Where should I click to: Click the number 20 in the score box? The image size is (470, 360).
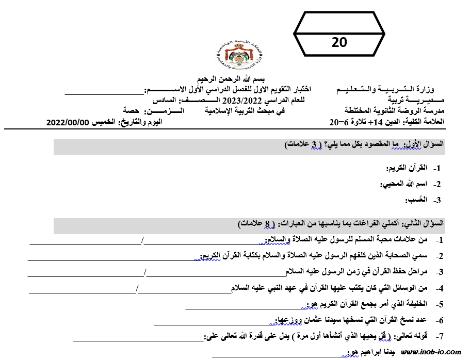click(x=339, y=42)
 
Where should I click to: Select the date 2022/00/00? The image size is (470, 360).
click(x=68, y=122)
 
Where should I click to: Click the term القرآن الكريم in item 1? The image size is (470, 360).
click(x=408, y=168)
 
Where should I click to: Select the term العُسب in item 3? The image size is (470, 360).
click(x=414, y=200)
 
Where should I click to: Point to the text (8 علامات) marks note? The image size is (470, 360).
click(x=256, y=224)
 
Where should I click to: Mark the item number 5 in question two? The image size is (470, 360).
click(x=439, y=304)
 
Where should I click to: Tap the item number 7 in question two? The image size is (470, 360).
click(x=439, y=336)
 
